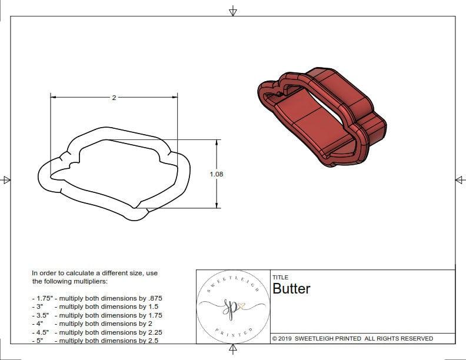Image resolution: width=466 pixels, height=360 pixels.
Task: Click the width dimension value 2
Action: pyautogui.click(x=114, y=98)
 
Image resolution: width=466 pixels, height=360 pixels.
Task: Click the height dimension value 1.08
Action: pyautogui.click(x=217, y=174)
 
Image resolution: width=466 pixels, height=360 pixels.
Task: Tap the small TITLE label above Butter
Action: pyautogui.click(x=280, y=277)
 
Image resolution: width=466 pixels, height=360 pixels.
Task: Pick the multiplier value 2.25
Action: pyautogui.click(x=151, y=332)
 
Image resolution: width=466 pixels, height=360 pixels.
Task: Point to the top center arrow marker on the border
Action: pyautogui.click(x=233, y=11)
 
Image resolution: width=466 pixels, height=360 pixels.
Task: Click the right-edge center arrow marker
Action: pyautogui.click(x=460, y=180)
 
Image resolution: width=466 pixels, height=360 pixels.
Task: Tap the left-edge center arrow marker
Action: pyautogui.click(x=6, y=180)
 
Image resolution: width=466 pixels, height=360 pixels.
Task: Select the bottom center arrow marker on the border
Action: pyautogui.click(x=233, y=349)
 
